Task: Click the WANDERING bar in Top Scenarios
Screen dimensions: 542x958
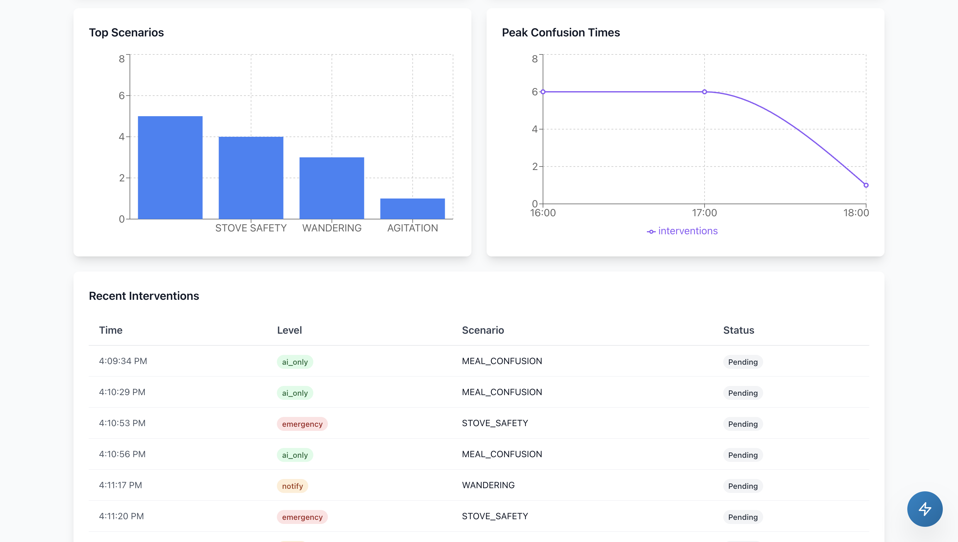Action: click(331, 188)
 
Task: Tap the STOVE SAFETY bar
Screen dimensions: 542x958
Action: click(251, 178)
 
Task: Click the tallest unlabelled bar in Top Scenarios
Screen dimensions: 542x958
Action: click(170, 167)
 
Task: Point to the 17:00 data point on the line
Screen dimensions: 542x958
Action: click(704, 91)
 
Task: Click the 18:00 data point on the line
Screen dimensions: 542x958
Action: click(865, 185)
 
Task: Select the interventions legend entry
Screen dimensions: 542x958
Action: click(682, 231)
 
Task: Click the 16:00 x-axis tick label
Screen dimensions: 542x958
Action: click(543, 213)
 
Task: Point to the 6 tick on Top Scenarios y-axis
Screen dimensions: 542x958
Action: click(122, 96)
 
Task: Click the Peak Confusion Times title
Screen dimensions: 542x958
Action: click(560, 32)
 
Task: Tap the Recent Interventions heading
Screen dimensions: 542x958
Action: click(144, 296)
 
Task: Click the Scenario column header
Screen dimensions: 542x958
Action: click(483, 330)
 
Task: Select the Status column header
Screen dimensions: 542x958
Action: click(738, 330)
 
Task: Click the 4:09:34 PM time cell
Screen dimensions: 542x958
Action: click(123, 361)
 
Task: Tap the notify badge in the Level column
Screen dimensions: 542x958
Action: click(292, 486)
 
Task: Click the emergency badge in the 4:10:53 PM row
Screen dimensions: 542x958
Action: click(302, 424)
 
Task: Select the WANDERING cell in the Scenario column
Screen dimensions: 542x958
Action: click(488, 485)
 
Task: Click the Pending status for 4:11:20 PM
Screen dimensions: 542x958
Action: click(743, 517)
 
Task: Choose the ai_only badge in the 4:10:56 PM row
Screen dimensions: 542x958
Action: click(295, 455)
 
